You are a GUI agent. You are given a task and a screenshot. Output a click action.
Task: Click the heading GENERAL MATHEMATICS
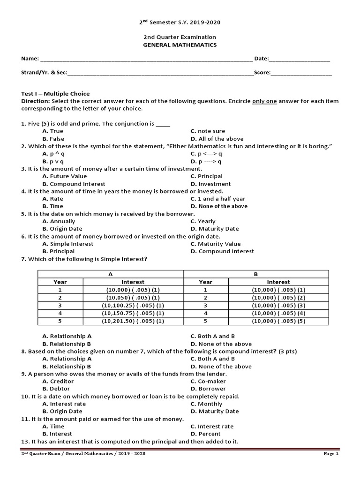coord(180,45)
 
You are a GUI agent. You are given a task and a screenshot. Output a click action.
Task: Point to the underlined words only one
coord(264,101)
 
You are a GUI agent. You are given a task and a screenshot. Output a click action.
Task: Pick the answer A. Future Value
coord(65,176)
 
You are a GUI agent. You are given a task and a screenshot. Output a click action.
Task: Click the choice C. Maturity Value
coord(216,244)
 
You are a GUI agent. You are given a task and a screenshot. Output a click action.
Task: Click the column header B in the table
coord(256,274)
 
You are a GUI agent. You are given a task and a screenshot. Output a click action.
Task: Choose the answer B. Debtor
coord(55,389)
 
